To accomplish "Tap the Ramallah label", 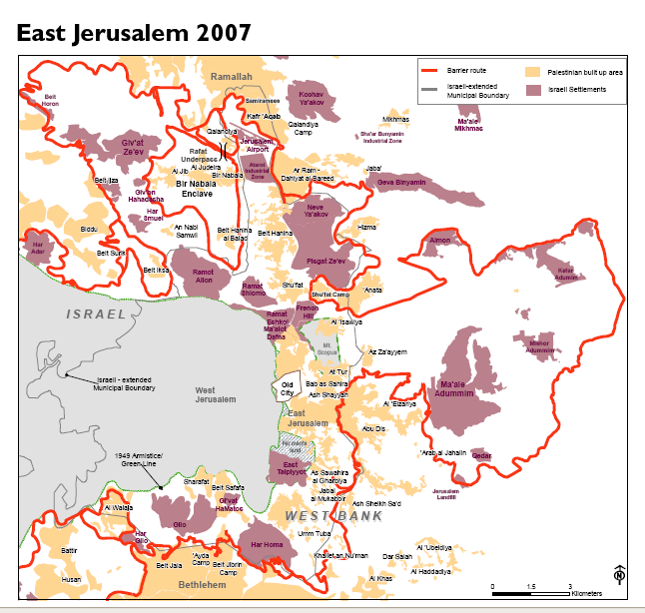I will (x=232, y=77).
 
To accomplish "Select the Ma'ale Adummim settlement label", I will (x=454, y=388).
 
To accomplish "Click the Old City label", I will (x=288, y=384).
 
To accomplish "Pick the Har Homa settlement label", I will (x=270, y=544).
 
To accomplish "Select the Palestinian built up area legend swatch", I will (x=532, y=72).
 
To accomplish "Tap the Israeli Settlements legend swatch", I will (x=532, y=90).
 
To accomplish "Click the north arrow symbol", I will (x=619, y=577).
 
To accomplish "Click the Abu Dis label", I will (x=373, y=428).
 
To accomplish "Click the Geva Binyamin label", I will (x=401, y=183).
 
